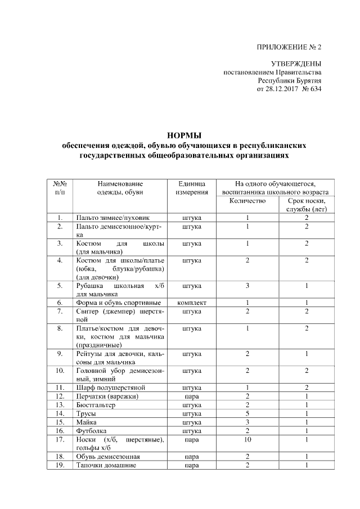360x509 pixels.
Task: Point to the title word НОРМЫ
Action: [x=185, y=135]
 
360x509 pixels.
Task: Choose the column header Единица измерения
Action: [x=191, y=188]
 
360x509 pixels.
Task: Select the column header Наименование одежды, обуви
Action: [x=120, y=188]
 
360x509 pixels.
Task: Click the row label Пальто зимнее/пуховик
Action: [x=112, y=217]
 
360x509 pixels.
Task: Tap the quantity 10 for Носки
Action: [x=247, y=439]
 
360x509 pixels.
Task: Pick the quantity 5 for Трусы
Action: [x=247, y=413]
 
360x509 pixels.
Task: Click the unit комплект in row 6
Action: [x=191, y=303]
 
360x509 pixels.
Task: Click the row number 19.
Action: [x=59, y=465]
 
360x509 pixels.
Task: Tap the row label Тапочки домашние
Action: [x=106, y=465]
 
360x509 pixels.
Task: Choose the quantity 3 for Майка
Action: [x=247, y=421]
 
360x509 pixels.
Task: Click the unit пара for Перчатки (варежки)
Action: [x=191, y=396]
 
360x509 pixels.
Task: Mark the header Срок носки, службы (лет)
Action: [x=307, y=205]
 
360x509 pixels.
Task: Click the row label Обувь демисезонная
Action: [x=109, y=456]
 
